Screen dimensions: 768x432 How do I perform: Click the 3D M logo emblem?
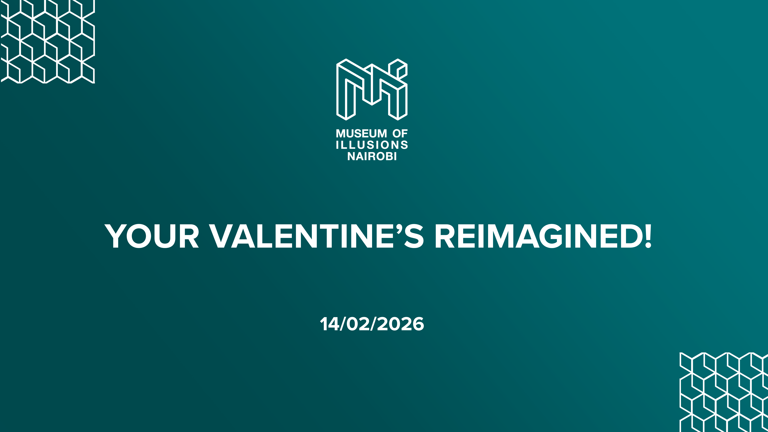tap(372, 89)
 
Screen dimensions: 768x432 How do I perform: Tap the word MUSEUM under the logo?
tap(361, 134)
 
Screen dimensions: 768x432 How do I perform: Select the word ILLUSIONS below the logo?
tap(372, 145)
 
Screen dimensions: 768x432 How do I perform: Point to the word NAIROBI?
tap(372, 156)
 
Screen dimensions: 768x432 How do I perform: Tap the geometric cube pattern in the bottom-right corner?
tap(724, 392)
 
